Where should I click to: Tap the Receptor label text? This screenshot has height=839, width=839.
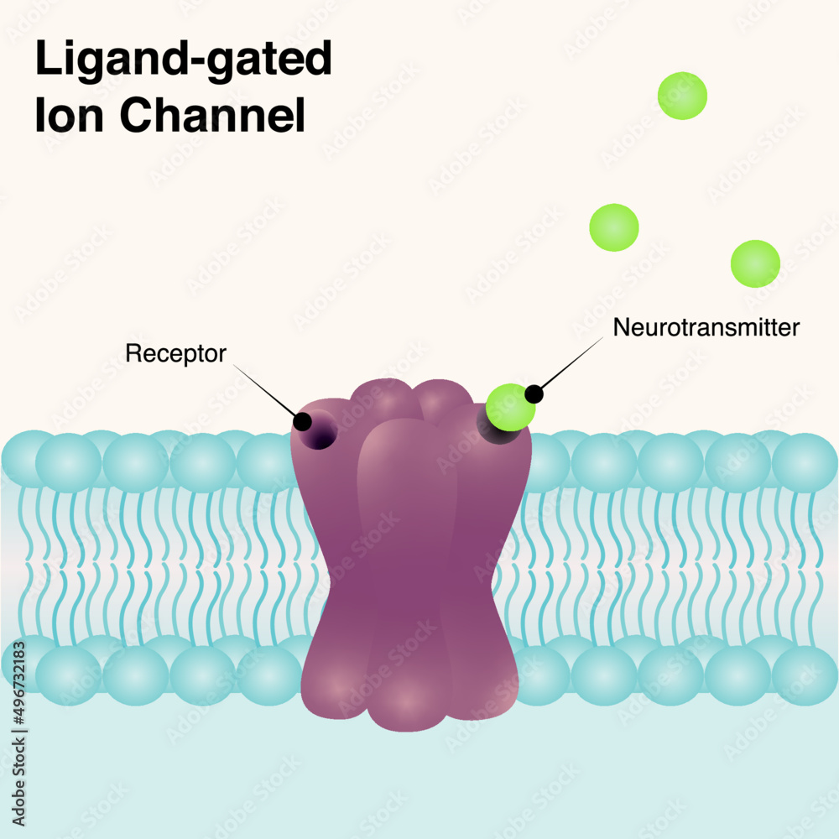[x=175, y=353]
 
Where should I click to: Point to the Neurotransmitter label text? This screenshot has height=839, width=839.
[x=706, y=327]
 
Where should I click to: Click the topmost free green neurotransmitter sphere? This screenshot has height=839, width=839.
[x=682, y=96]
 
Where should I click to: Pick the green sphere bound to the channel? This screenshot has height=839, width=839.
[x=510, y=407]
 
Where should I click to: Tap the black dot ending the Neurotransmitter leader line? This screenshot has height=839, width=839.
[x=534, y=393]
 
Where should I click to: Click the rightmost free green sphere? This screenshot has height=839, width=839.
[x=755, y=263]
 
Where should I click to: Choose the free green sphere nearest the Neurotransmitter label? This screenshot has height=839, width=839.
[x=613, y=227]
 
